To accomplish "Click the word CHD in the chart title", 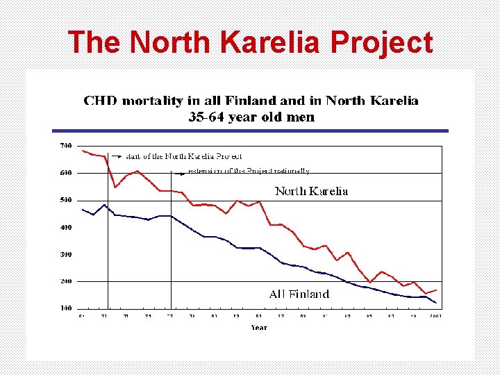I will pos(100,101).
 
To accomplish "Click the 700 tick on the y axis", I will pos(65,146).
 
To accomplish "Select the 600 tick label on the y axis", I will pos(65,173).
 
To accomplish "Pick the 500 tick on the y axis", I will pos(65,200).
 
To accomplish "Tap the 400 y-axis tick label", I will pos(65,227).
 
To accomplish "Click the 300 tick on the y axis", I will pos(65,254).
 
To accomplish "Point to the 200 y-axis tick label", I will pos(65,281).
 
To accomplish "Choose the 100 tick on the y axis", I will pos(65,308).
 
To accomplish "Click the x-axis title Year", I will pos(259,327).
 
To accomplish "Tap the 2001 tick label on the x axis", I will pos(435,316).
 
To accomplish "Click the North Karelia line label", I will pos(312,191).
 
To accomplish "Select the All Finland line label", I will pos(299,294).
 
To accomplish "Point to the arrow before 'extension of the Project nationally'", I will pos(179,171).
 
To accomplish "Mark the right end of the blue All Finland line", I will pos(437,303).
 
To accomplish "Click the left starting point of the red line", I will pos(82,151).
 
